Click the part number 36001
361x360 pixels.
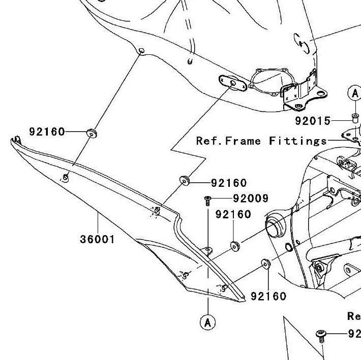98,239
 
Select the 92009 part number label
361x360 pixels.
251,198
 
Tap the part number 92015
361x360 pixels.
313,121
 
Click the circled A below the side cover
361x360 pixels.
207,322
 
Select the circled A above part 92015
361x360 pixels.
354,92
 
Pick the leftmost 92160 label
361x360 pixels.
47,132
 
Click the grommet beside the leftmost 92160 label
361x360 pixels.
92,133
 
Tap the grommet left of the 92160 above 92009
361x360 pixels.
184,180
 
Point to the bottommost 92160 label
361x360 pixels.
268,296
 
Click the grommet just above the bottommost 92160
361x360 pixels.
265,264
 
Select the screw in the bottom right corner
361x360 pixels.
320,334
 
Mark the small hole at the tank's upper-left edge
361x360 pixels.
141,50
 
